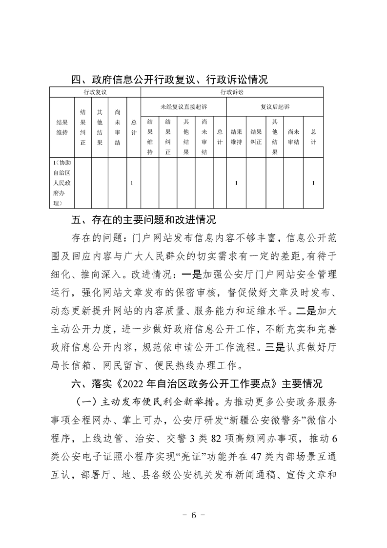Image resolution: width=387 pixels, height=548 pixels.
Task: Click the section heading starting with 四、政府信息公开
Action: pos(169,80)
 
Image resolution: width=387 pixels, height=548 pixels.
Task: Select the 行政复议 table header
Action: pos(95,92)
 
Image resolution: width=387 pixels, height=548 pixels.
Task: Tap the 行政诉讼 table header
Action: pos(232,92)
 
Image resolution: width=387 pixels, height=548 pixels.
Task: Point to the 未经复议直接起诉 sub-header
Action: pos(183,106)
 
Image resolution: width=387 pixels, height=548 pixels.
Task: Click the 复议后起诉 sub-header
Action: pos(275,106)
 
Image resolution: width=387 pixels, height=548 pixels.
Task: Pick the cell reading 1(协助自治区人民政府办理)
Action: pos(61,183)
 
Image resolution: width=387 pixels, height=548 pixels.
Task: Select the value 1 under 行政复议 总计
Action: pos(133,183)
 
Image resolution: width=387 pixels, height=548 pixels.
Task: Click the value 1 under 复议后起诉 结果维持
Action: pos(236,183)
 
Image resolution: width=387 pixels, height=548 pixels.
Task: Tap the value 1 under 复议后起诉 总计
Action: pos(313,183)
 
